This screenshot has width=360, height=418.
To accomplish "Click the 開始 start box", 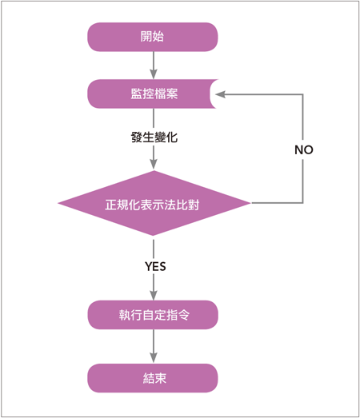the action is [153, 37].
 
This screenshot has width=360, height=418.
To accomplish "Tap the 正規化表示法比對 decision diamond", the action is [154, 203].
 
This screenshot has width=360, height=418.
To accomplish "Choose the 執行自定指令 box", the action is [153, 315].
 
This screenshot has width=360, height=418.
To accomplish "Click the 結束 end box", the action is [153, 378].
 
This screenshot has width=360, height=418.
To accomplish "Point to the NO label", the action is [304, 150].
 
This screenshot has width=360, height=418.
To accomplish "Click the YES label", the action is [155, 266].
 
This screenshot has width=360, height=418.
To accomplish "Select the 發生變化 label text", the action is [154, 137].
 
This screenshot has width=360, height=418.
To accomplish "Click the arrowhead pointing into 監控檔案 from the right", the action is [220, 94].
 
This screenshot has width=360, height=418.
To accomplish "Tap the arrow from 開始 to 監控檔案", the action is [154, 65].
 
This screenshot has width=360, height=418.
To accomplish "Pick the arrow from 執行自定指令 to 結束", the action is [154, 346].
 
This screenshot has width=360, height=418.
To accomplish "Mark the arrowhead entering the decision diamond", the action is [154, 164].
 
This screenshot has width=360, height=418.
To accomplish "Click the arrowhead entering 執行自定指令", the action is [154, 295].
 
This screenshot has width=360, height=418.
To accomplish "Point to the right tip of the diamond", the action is [251, 203].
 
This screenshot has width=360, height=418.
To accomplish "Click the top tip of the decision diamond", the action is [154, 170].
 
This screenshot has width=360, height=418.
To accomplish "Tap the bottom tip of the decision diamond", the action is [153, 236].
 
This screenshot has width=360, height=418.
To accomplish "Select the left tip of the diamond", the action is [58, 203].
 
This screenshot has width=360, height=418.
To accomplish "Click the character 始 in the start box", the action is [158, 37].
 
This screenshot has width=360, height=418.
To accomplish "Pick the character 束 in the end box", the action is [160, 378].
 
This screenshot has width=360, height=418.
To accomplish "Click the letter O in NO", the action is [308, 150].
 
